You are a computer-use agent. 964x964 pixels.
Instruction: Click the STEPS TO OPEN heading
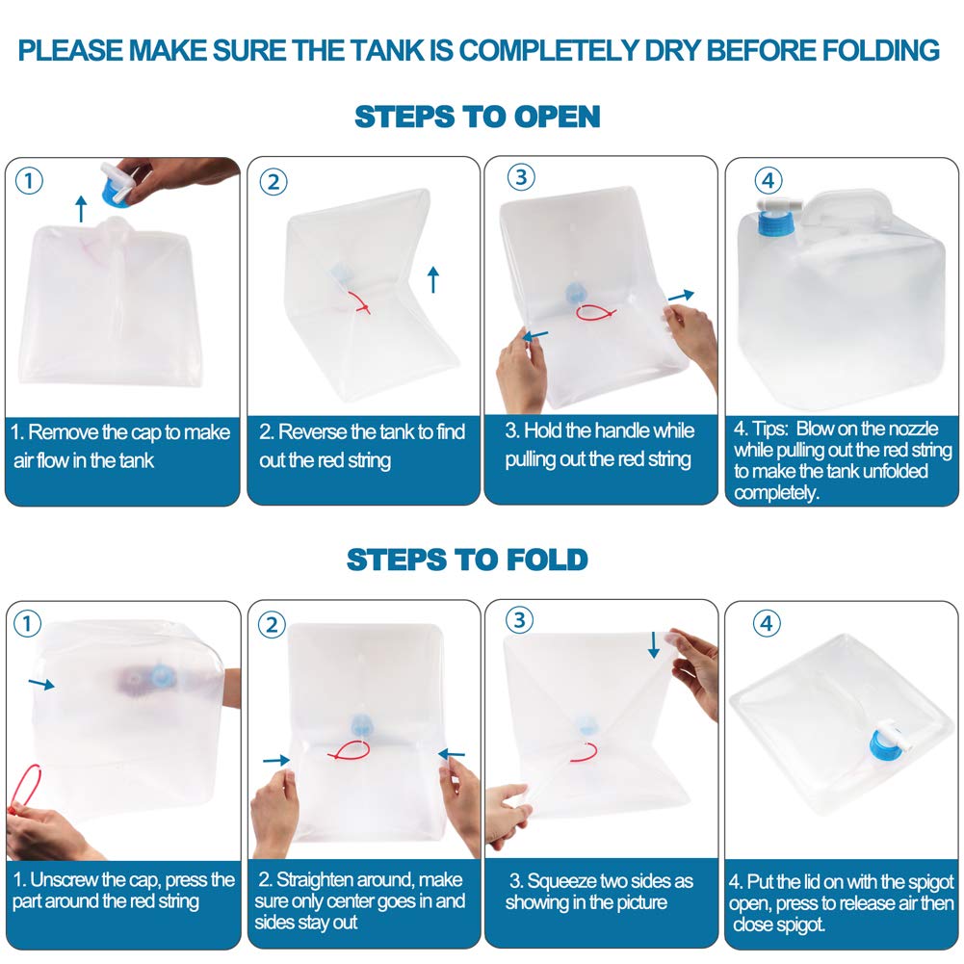477,117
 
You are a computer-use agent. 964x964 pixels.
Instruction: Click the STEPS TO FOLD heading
467,560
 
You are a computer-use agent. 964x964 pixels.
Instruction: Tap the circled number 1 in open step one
29,181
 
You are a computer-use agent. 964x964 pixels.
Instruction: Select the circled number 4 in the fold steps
767,623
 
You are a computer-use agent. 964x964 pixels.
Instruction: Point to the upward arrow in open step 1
81,208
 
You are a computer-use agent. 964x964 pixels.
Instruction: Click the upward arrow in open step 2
432,279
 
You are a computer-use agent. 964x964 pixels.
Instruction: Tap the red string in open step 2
359,302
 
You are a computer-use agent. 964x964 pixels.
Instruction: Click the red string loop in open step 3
595,313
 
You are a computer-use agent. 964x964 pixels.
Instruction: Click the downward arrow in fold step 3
654,644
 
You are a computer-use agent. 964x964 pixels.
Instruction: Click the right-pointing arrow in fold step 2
276,761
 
